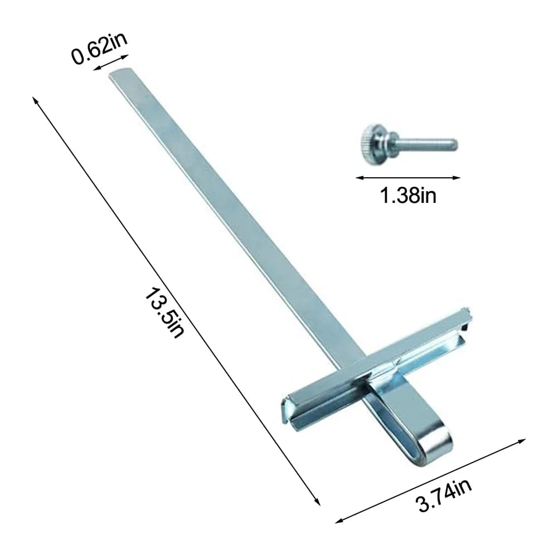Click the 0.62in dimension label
(x=99, y=49)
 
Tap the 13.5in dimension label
(x=165, y=313)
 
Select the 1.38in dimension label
(x=408, y=195)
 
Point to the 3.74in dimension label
(x=443, y=495)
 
